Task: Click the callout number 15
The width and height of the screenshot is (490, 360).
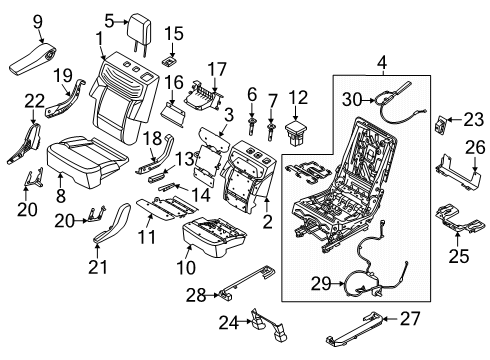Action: [x=175, y=34]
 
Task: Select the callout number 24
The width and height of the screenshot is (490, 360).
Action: [x=229, y=321]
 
